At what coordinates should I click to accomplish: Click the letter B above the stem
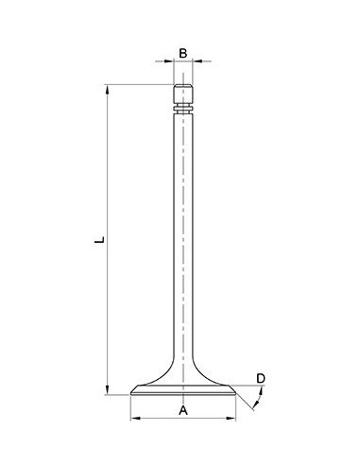point(183,54)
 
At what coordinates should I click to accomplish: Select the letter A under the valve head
point(183,410)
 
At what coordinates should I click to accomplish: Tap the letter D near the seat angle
point(261,379)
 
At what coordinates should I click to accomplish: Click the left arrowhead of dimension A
point(133,418)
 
